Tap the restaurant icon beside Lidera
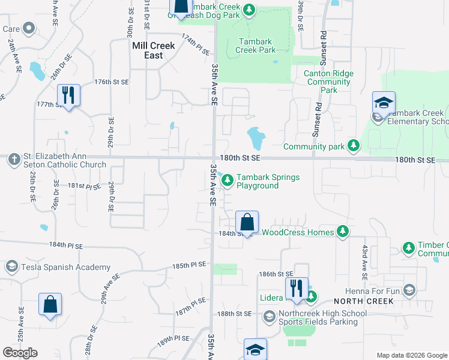(x=297, y=288)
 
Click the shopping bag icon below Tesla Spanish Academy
(x=50, y=304)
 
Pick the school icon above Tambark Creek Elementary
(x=384, y=102)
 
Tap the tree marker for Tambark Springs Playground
(x=228, y=181)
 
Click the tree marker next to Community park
(x=354, y=145)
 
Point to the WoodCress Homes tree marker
(x=343, y=232)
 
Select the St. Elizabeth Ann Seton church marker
(x=13, y=160)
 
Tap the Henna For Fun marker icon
(x=409, y=291)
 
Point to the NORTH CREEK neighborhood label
(x=363, y=301)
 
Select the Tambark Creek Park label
(x=257, y=46)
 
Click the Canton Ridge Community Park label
(x=328, y=82)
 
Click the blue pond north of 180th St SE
(x=256, y=138)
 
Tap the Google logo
(x=20, y=352)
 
